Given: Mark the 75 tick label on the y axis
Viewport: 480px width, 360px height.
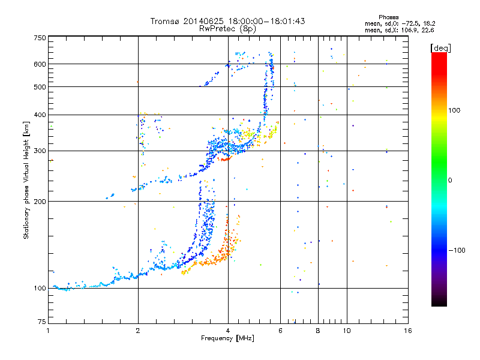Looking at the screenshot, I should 42,322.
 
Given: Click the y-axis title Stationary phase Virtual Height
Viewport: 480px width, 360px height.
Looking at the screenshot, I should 26,179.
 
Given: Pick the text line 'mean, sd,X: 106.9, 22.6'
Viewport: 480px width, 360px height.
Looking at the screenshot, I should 399,29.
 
